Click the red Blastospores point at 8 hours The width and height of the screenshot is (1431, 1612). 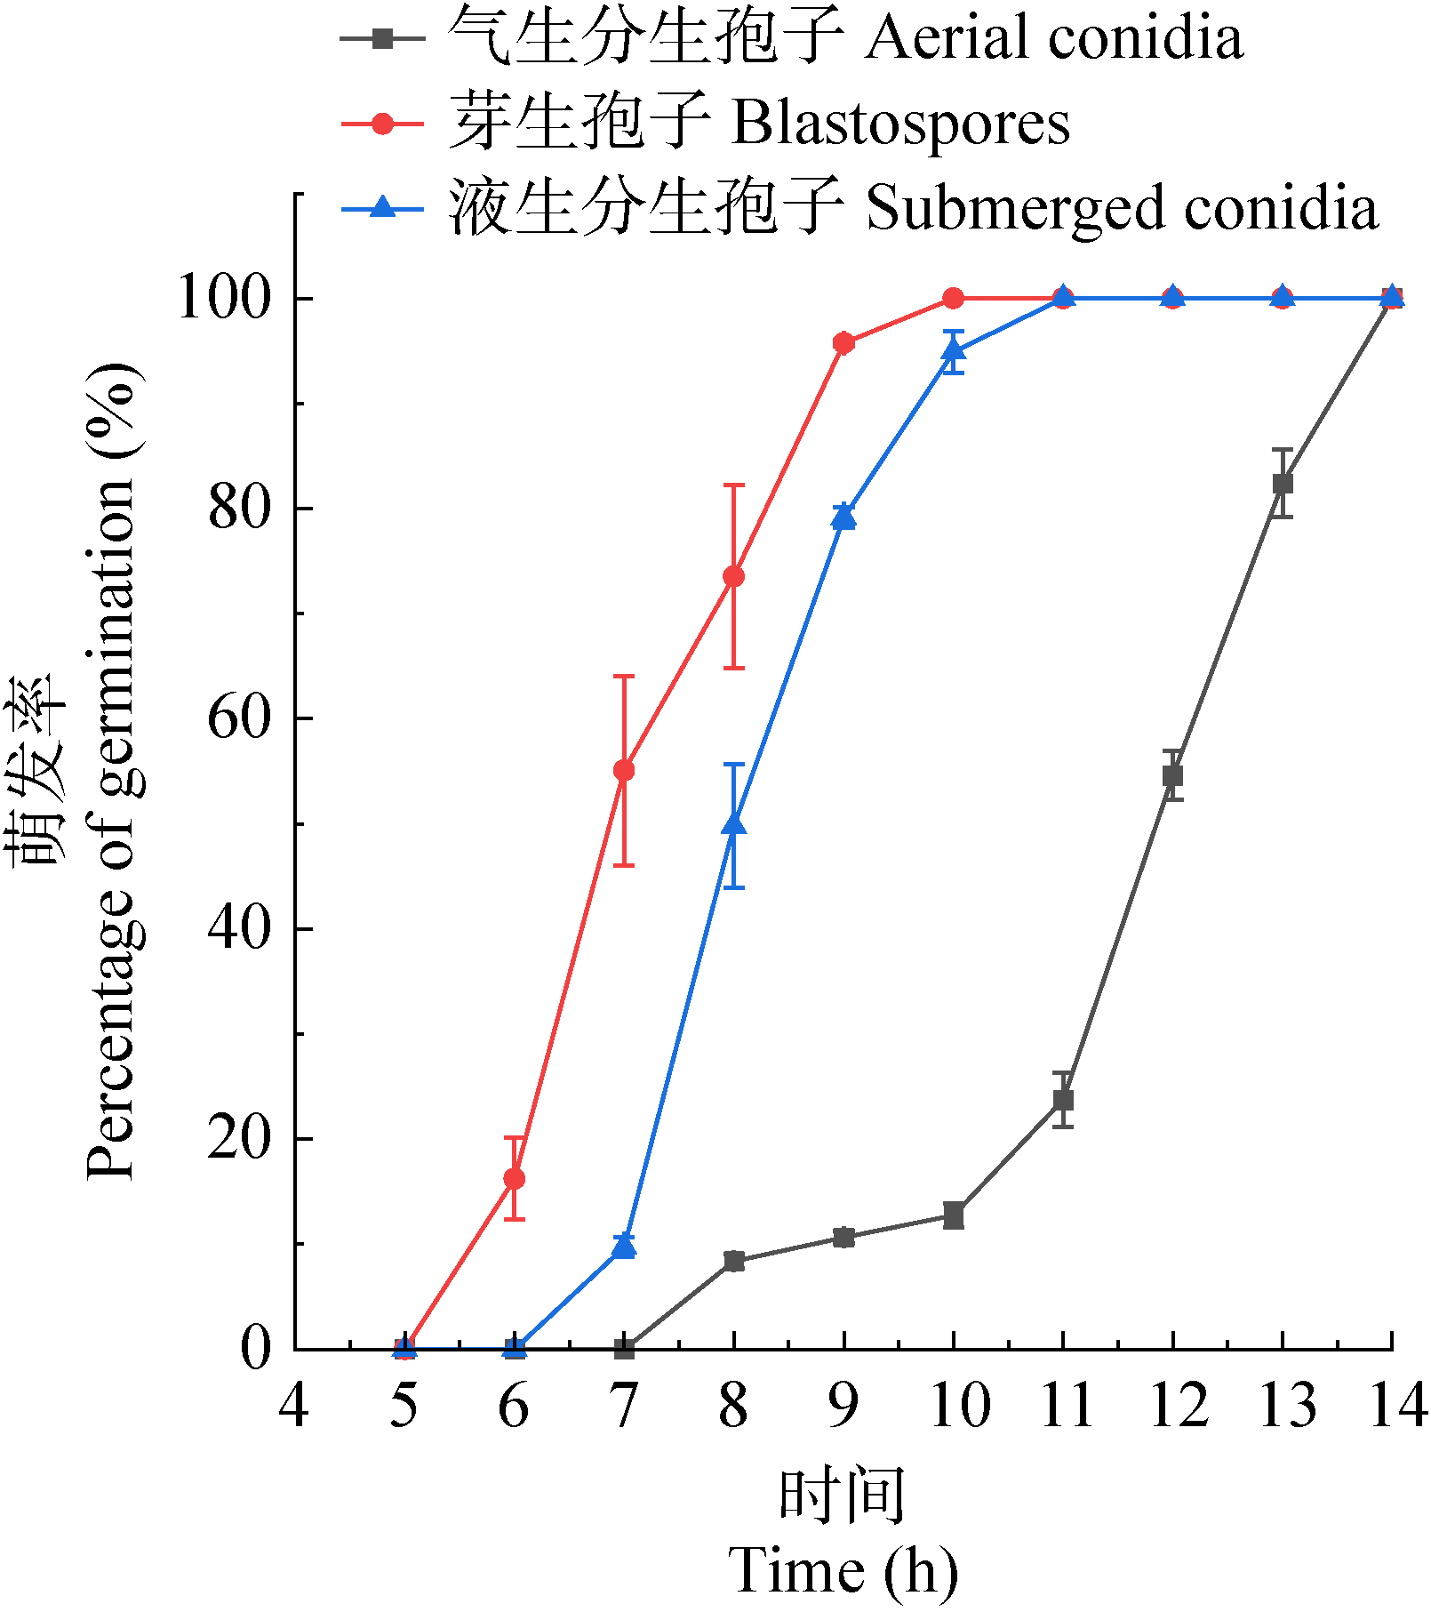[733, 576]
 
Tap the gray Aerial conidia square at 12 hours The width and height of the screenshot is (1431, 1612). [1172, 775]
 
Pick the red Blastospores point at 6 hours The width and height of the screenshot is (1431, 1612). [514, 1179]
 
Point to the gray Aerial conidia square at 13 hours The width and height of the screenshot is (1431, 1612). [1283, 484]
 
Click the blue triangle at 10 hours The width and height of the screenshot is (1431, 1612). [954, 351]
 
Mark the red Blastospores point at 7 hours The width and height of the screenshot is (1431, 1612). [624, 770]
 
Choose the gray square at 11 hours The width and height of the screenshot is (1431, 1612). [1063, 1100]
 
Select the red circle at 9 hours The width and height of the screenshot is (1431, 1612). [843, 343]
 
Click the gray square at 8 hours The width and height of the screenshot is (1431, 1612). [733, 1261]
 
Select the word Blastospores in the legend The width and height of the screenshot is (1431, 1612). [899, 123]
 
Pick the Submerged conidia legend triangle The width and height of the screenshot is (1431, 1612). [382, 208]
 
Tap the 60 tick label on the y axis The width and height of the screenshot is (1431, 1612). [238, 718]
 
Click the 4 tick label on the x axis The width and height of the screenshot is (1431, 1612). [294, 1407]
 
